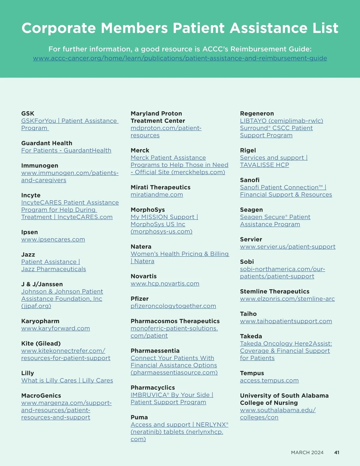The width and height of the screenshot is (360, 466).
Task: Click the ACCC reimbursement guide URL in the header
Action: tap(180, 58)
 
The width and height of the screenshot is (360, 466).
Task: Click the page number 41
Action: tap(337, 452)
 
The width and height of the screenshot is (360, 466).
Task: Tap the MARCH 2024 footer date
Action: tap(307, 452)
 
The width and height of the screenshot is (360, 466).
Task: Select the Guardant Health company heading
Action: tap(47, 143)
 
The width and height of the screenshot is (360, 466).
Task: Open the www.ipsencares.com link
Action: tap(53, 239)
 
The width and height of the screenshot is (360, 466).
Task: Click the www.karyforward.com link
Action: tap(55, 328)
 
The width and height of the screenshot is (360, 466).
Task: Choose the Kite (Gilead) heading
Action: tap(41, 344)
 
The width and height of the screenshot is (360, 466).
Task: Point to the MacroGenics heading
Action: tap(41, 395)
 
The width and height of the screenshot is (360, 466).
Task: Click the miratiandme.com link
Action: tap(157, 194)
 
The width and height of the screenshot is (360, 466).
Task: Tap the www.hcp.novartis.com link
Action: tap(165, 284)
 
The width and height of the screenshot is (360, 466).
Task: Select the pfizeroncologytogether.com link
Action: tap(173, 306)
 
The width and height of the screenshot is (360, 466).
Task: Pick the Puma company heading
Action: tap(139, 417)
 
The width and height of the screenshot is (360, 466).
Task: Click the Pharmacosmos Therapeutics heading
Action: tap(175, 321)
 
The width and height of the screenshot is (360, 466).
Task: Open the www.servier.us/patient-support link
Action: tap(288, 247)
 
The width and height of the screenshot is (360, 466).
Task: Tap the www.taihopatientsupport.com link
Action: tap(286, 321)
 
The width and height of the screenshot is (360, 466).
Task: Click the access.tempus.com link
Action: tap(269, 380)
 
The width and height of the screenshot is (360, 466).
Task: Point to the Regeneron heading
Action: tap(257, 113)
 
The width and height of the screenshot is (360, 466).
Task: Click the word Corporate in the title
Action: tap(59, 28)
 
